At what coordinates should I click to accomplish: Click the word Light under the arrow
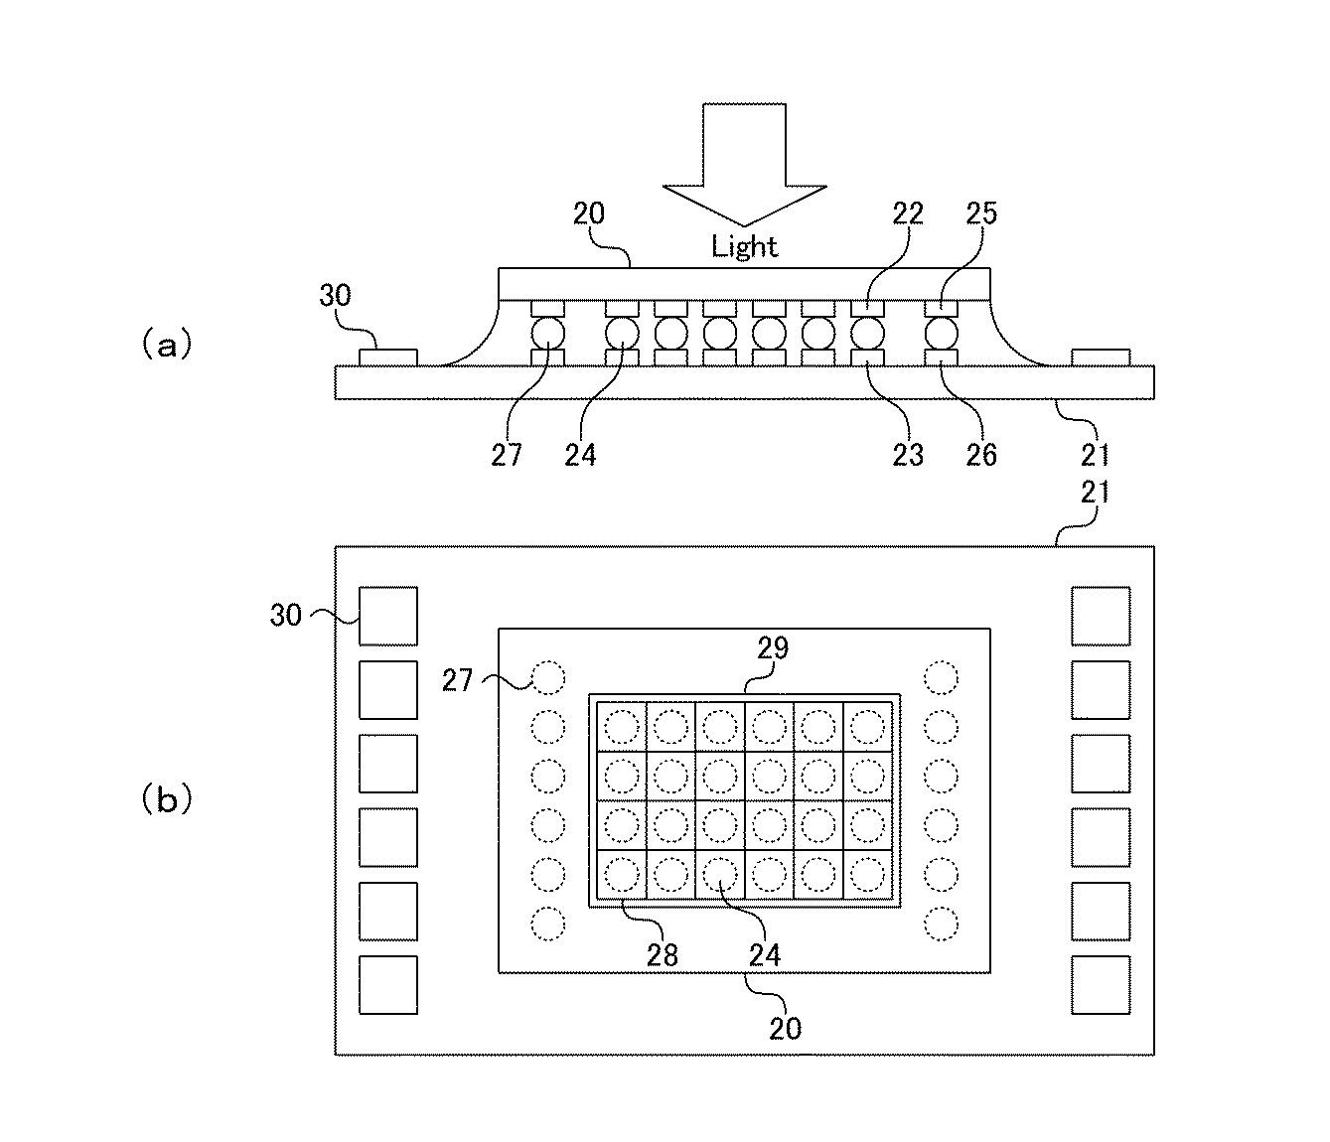[x=744, y=246]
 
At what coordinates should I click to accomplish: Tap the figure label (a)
[x=165, y=345]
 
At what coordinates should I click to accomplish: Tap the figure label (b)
[x=165, y=799]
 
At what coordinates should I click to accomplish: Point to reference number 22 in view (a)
[x=907, y=214]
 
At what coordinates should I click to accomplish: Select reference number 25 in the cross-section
[x=980, y=214]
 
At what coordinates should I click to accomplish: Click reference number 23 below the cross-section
[x=907, y=454]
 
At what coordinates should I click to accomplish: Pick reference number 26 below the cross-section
[x=980, y=454]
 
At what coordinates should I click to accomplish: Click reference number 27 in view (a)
[x=507, y=454]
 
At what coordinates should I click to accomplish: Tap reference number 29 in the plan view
[x=773, y=648]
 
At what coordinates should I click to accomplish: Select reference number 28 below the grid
[x=662, y=954]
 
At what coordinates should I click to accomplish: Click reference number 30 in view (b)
[x=286, y=616]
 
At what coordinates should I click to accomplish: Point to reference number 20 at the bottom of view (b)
[x=785, y=1028]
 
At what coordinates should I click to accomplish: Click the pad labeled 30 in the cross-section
[x=388, y=357]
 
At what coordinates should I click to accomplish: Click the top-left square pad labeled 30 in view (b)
[x=388, y=616]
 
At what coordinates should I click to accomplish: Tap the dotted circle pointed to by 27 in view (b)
[x=547, y=678]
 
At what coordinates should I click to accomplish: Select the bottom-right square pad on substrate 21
[x=1101, y=985]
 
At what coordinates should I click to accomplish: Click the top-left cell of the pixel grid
[x=622, y=727]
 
